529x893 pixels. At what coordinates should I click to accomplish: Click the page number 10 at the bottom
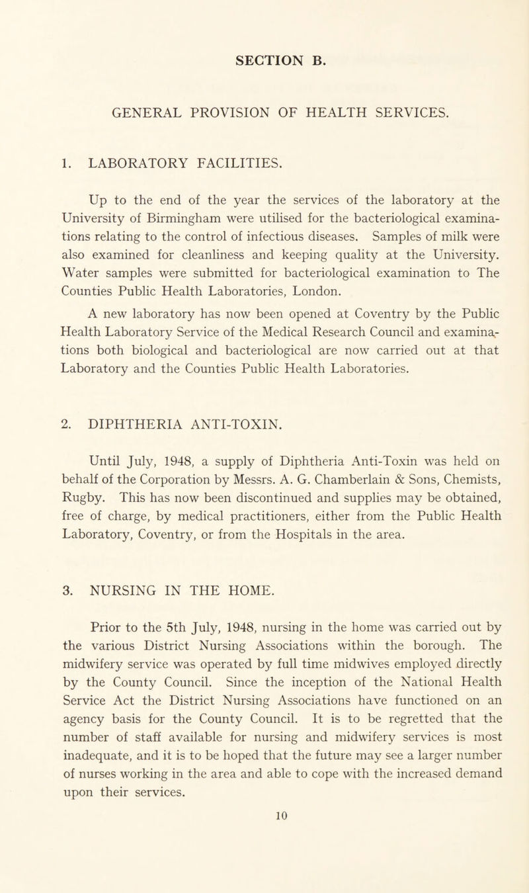point(264,879)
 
